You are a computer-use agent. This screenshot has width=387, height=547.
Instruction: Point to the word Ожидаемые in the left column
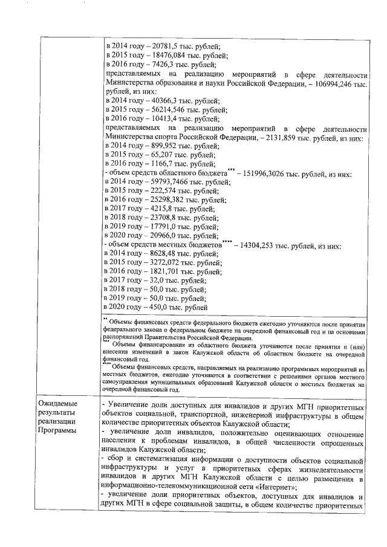pos(58,403)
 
